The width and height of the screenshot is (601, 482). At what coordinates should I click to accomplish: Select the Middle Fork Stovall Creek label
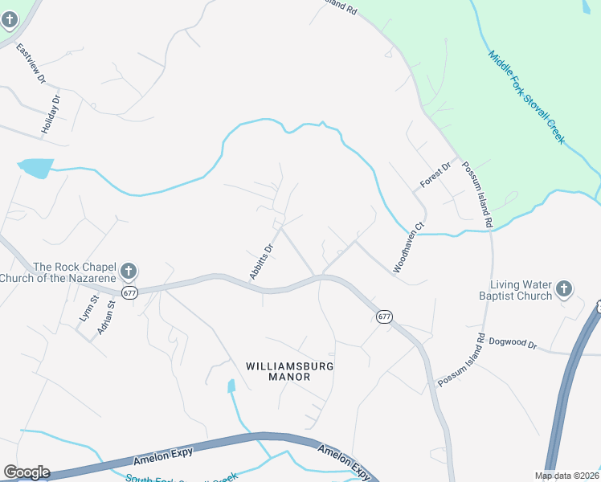coord(527,97)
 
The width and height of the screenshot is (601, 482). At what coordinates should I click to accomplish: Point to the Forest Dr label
coord(431,178)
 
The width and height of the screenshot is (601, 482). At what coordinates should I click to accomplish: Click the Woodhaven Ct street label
coord(408,248)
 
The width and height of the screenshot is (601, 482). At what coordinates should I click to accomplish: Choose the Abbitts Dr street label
coord(262,262)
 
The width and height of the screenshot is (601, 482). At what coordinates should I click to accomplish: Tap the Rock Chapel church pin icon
coord(129,272)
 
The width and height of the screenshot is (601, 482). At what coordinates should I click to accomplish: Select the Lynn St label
coord(86,309)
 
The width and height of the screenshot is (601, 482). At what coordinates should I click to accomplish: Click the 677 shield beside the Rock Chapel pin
coord(130,293)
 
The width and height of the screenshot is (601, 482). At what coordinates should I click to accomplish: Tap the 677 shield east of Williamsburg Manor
coord(384,317)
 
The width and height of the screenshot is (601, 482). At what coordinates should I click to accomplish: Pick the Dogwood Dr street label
coord(511,344)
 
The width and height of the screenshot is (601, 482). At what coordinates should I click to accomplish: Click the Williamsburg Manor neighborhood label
coord(289,371)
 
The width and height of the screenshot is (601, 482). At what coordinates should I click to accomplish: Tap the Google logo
coord(27,472)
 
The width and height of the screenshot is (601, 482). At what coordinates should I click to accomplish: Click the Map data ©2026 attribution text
coord(566,476)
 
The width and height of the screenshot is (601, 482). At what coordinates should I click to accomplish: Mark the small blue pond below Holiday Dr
coord(35,168)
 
